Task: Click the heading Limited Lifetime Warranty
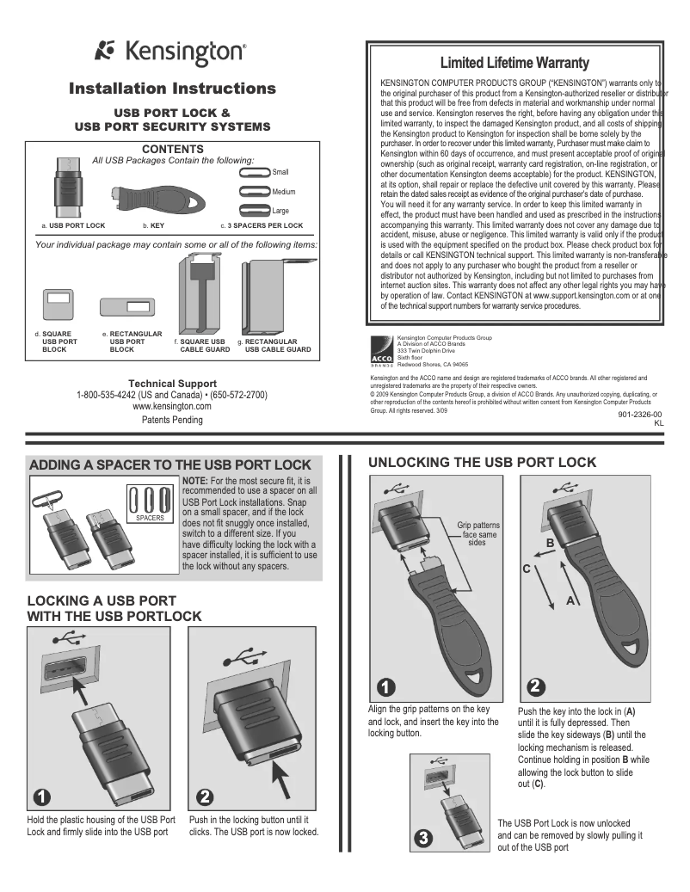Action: [514, 63]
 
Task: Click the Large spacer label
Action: [280, 211]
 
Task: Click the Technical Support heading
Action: [172, 384]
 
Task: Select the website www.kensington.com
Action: [172, 406]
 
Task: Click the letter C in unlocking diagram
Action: [527, 569]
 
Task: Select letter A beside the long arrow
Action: [570, 601]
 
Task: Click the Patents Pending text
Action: [172, 420]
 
